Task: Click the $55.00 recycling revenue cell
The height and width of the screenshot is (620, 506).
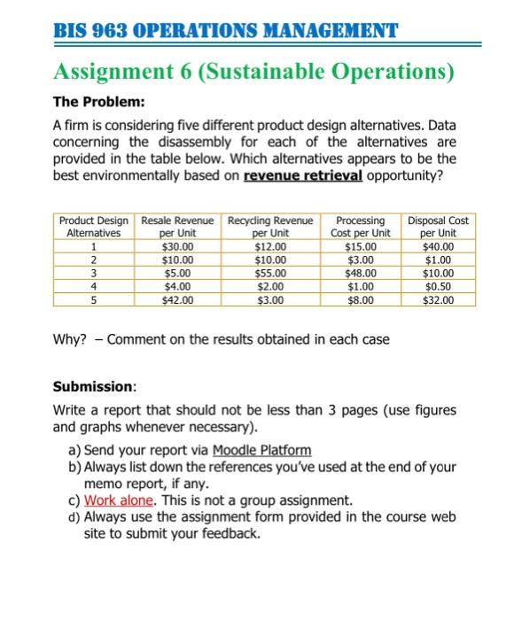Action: pyautogui.click(x=269, y=274)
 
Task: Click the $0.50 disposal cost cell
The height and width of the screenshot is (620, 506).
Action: pyautogui.click(x=439, y=287)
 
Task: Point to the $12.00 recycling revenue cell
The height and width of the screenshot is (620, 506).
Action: pyautogui.click(x=269, y=247)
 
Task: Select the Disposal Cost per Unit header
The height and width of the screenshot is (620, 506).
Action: pyautogui.click(x=439, y=227)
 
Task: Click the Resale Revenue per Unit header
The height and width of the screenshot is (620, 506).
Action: pyautogui.click(x=178, y=227)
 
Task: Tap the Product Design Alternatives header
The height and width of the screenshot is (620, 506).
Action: pyautogui.click(x=92, y=227)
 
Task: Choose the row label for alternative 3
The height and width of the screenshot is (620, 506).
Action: pyautogui.click(x=92, y=274)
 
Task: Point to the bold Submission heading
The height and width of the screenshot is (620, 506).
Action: pyautogui.click(x=94, y=387)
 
